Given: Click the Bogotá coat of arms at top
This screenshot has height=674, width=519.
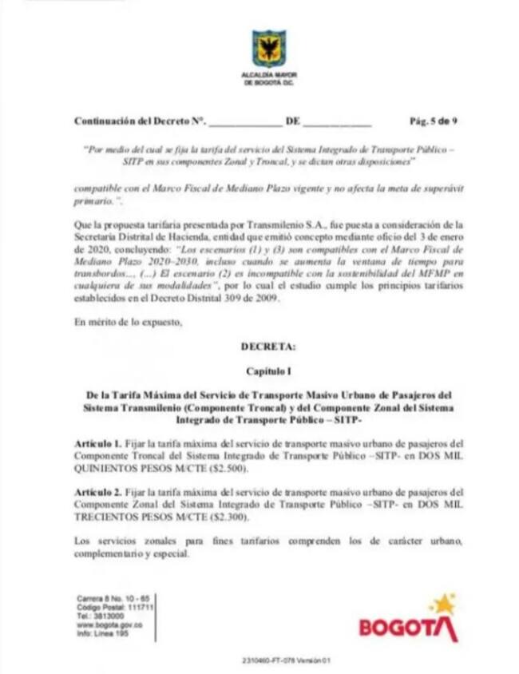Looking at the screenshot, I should coord(268,48).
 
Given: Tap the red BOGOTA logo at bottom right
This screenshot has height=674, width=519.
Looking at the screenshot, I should coord(408,627).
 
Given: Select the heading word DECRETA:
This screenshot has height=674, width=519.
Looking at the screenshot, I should coord(267,347).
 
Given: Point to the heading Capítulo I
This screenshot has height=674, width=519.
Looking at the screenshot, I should coord(267,371).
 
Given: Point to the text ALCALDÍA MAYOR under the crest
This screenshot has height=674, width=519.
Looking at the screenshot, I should coord(268,74).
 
